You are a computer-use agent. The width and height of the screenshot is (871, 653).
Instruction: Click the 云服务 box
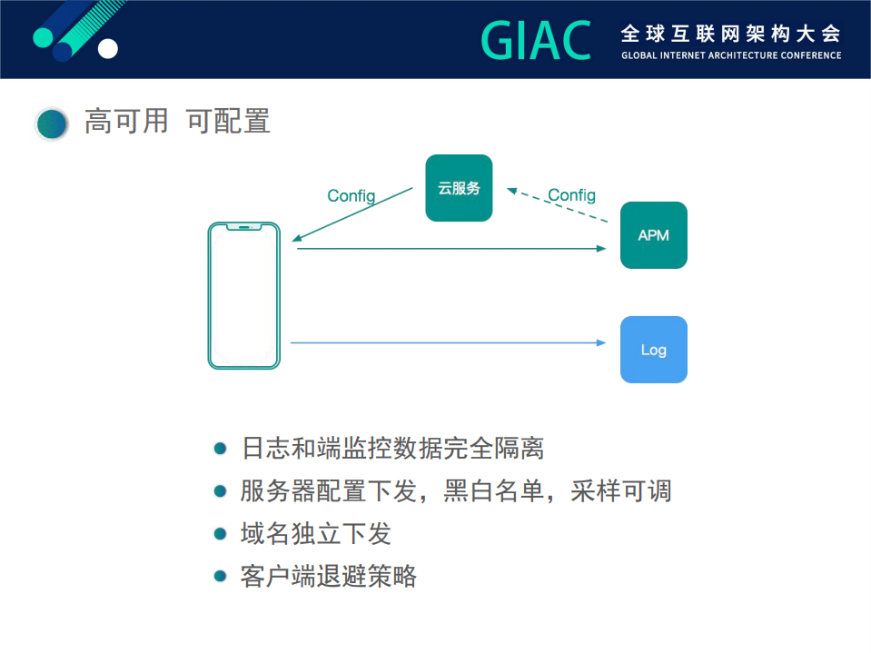459,188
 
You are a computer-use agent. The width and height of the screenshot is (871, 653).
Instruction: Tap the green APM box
653,235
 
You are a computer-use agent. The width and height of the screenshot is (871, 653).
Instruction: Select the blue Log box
653,350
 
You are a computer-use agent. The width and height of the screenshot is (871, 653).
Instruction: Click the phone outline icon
244,295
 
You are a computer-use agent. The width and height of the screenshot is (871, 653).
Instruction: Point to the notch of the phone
244,226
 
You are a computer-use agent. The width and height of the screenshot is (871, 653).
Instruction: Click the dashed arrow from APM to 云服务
557,206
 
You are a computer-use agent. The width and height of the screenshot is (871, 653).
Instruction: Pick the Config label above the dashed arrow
571,195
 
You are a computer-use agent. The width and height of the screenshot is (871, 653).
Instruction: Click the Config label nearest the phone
351,196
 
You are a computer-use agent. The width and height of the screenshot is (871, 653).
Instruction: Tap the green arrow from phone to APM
450,248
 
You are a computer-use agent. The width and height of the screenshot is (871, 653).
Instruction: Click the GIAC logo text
535,41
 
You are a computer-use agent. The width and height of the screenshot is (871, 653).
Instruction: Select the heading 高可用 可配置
177,121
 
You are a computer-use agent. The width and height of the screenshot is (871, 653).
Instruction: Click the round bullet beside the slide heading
52,124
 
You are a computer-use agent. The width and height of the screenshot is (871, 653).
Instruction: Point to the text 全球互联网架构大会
730,34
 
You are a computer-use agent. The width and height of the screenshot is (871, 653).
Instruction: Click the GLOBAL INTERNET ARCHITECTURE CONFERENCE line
730,55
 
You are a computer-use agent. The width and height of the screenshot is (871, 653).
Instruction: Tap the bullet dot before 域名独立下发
219,533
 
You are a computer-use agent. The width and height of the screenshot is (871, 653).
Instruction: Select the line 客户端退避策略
328,576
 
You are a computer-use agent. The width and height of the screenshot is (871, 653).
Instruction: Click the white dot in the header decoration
107,48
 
